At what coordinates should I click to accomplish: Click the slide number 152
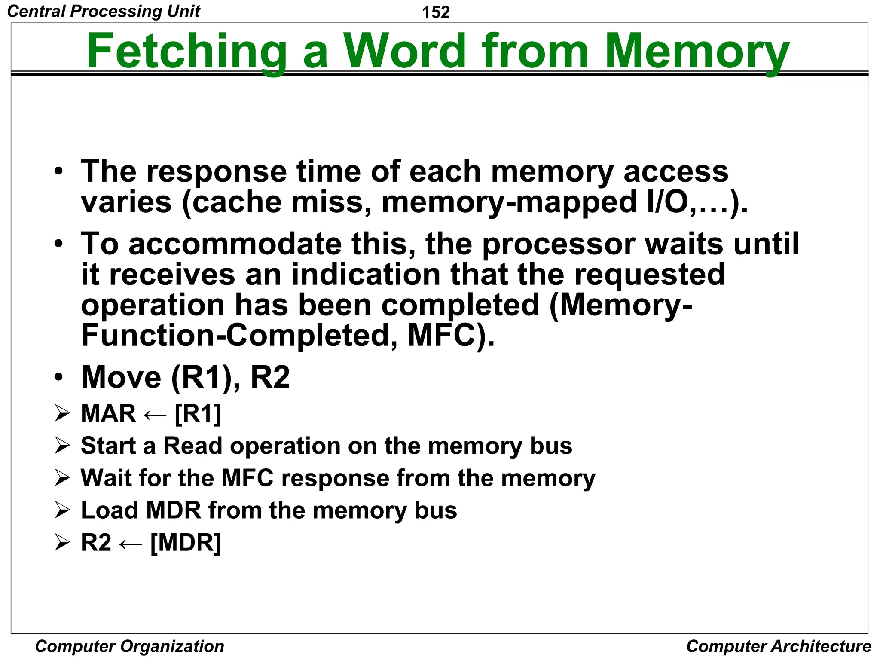pos(436,12)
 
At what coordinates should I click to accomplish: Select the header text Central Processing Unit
pos(104,11)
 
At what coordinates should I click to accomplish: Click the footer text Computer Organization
pos(129,646)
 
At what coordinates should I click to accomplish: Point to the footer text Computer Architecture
pos(779,646)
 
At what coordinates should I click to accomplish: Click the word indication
pos(366,275)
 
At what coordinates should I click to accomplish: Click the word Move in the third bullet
pos(121,377)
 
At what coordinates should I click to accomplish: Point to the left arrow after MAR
pos(155,415)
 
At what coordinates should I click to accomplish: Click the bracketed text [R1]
pos(198,413)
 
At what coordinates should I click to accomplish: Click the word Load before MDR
pos(109,510)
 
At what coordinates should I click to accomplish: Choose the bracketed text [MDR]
pos(186,542)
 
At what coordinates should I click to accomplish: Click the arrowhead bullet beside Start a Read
pos(62,446)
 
